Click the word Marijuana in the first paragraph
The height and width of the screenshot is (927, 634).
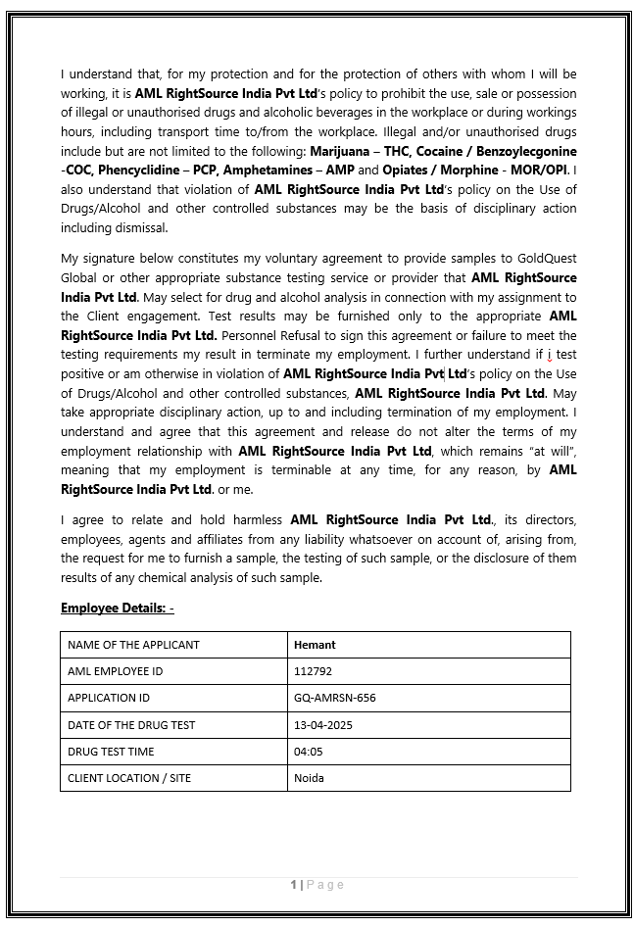point(339,151)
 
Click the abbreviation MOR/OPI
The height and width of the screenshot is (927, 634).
point(541,171)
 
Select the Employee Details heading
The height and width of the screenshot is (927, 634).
point(117,609)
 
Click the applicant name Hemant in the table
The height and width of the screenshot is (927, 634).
point(315,645)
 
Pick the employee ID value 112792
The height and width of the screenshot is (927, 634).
point(313,671)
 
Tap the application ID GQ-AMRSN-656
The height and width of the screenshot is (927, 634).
point(334,698)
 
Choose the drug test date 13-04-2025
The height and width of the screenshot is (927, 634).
point(322,725)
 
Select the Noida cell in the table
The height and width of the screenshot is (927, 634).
point(309,778)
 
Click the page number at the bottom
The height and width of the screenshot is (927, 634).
point(294,885)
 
